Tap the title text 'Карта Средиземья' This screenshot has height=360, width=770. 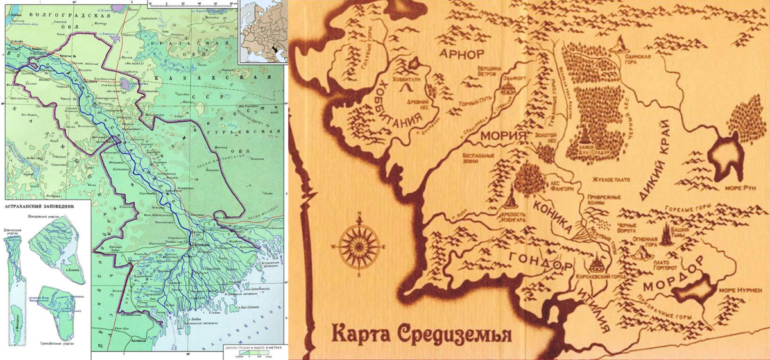point(421,334)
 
